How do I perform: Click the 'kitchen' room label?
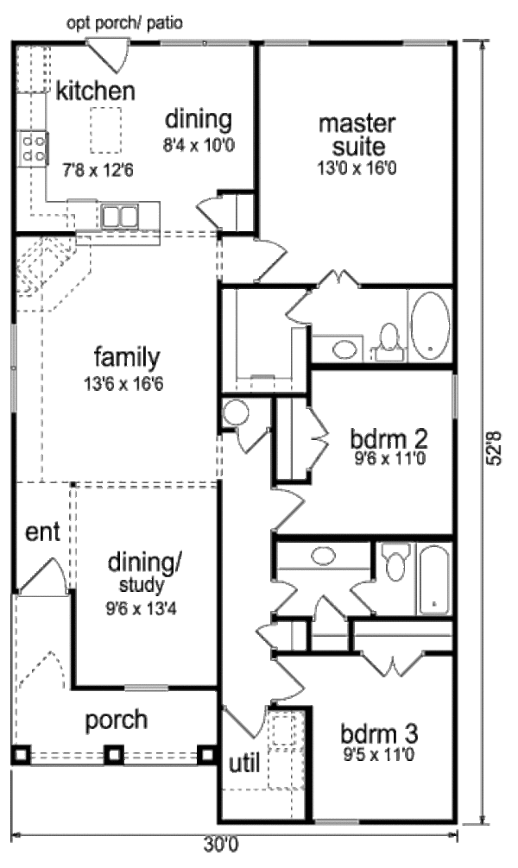point(95,91)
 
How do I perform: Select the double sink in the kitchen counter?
point(119,214)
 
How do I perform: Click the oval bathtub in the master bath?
point(430,327)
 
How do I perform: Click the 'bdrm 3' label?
point(379,735)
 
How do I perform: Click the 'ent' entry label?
point(41,531)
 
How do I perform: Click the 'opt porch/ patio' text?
point(124,22)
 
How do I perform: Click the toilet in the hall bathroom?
point(396,563)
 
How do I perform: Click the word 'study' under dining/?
point(144,587)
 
